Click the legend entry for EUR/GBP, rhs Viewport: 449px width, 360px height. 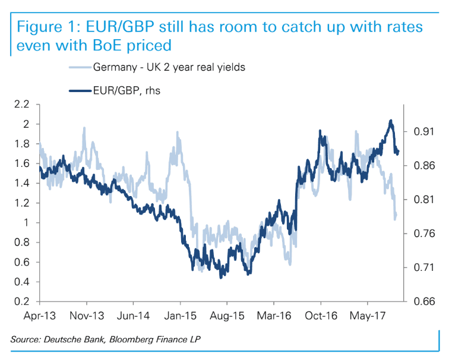tap(124, 90)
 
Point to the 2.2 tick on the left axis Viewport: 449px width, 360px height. tap(23, 105)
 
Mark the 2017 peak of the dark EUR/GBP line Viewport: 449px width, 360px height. tap(390, 121)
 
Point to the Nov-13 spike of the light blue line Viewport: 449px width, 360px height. tap(84, 128)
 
